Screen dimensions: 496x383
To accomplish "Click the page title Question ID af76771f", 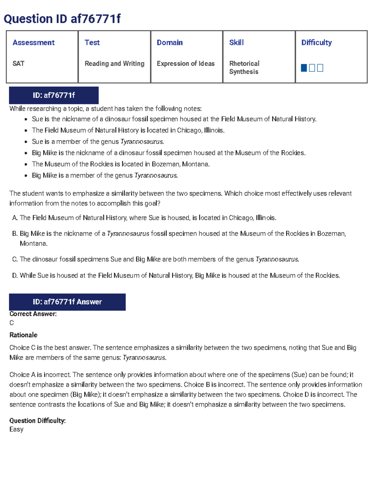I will click(x=62, y=19).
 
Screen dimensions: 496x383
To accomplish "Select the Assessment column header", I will click(x=34, y=42).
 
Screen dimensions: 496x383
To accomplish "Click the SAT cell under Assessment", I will click(x=18, y=64).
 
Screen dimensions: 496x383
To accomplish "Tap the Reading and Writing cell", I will click(x=114, y=64).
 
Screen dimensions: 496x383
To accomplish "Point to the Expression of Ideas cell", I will click(x=185, y=64).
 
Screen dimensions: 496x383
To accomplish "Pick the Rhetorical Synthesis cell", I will click(x=244, y=67).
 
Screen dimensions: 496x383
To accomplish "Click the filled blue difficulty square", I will click(x=304, y=68).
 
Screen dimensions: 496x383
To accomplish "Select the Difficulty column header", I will click(x=316, y=42).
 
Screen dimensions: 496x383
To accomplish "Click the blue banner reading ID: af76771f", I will click(x=54, y=95).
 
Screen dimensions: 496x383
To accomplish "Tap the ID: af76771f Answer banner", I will click(x=67, y=302).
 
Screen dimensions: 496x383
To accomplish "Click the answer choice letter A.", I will click(x=14, y=218).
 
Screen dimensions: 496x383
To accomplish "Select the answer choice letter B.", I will click(x=14, y=234).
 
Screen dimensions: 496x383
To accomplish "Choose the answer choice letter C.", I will click(x=14, y=259).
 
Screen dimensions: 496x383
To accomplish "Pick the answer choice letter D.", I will click(x=14, y=275).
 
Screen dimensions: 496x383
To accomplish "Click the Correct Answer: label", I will click(x=33, y=314).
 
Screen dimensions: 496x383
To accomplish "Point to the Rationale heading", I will click(x=23, y=335).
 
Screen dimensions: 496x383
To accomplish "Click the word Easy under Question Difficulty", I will click(x=16, y=429).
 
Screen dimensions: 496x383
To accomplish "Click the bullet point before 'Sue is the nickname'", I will click(x=26, y=119).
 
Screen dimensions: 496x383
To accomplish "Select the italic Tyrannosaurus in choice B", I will click(x=128, y=234).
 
